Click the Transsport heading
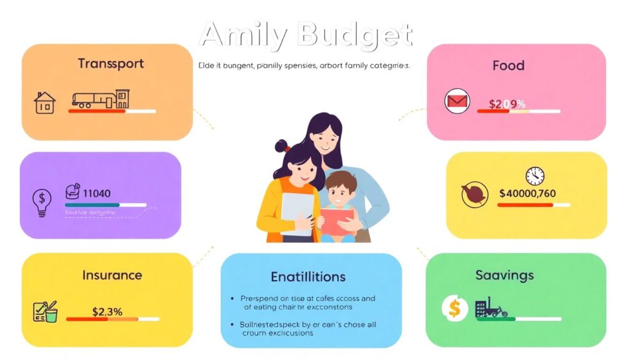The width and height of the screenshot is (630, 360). pyautogui.click(x=111, y=63)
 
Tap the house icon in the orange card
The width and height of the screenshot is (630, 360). pyautogui.click(x=44, y=102)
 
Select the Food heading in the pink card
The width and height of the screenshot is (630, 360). pyautogui.click(x=508, y=65)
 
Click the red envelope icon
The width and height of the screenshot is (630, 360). pyautogui.click(x=457, y=102)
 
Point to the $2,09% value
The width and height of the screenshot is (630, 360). pyautogui.click(x=507, y=104)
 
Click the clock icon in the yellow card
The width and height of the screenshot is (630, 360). pyautogui.click(x=535, y=175)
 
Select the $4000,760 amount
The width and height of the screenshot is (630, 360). pyautogui.click(x=527, y=193)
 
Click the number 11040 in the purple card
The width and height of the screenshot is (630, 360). pyautogui.click(x=96, y=193)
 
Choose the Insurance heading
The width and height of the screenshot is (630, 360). pyautogui.click(x=112, y=275)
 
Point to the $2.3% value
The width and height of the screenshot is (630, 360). pyautogui.click(x=108, y=311)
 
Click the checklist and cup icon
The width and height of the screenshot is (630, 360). pyautogui.click(x=44, y=311)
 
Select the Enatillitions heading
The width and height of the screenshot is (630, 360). pyautogui.click(x=308, y=277)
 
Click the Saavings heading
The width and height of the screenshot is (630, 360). pyautogui.click(x=504, y=275)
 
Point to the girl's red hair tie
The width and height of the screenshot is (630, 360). pyautogui.click(x=285, y=148)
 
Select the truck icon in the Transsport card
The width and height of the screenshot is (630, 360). pyautogui.click(x=94, y=100)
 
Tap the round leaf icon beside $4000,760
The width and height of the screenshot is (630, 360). pyautogui.click(x=474, y=194)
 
